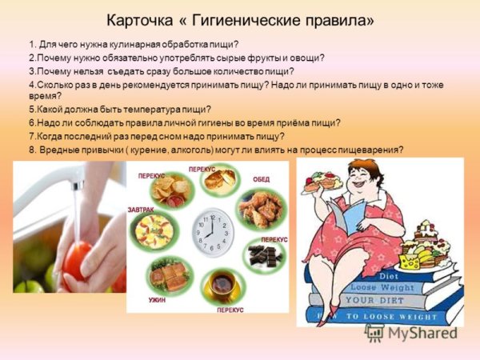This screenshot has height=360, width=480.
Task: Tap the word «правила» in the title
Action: point(342,18)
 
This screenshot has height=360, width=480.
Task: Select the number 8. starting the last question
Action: point(33,149)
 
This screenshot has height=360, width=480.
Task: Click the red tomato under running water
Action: point(77,260)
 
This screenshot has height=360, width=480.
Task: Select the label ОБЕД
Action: point(262,179)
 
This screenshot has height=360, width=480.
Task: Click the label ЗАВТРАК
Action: point(140,210)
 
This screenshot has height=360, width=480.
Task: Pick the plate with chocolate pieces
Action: point(265,257)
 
